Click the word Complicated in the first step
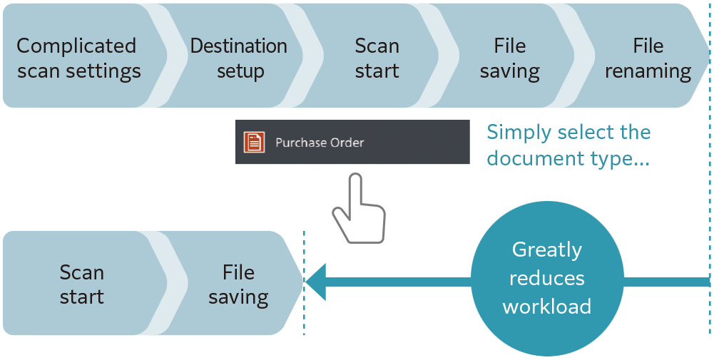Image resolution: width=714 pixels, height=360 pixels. (76, 46)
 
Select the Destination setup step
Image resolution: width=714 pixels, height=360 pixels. (239, 58)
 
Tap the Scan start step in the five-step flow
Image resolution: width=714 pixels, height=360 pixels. (377, 58)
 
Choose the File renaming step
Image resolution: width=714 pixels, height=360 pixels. (648, 58)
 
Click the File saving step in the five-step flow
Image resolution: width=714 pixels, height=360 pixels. (509, 58)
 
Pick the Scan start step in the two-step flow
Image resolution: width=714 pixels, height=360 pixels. (81, 284)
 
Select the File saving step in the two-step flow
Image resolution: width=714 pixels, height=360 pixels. (238, 284)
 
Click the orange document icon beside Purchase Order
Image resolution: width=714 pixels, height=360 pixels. (254, 143)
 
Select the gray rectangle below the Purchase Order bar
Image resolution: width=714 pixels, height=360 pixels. (359, 208)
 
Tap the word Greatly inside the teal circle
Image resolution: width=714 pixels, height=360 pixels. (547, 250)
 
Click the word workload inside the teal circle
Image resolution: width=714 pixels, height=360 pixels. (547, 307)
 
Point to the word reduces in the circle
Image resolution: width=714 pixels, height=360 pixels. (547, 278)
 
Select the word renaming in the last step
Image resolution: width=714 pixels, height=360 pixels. (648, 71)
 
